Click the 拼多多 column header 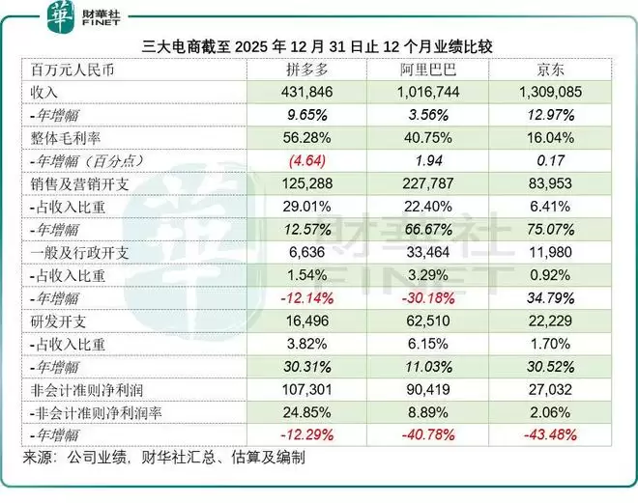point(307,70)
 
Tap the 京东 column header point(551,70)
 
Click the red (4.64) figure point(307,159)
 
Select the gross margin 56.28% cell point(307,137)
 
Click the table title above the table point(319,45)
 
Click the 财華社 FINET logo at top point(82,15)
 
